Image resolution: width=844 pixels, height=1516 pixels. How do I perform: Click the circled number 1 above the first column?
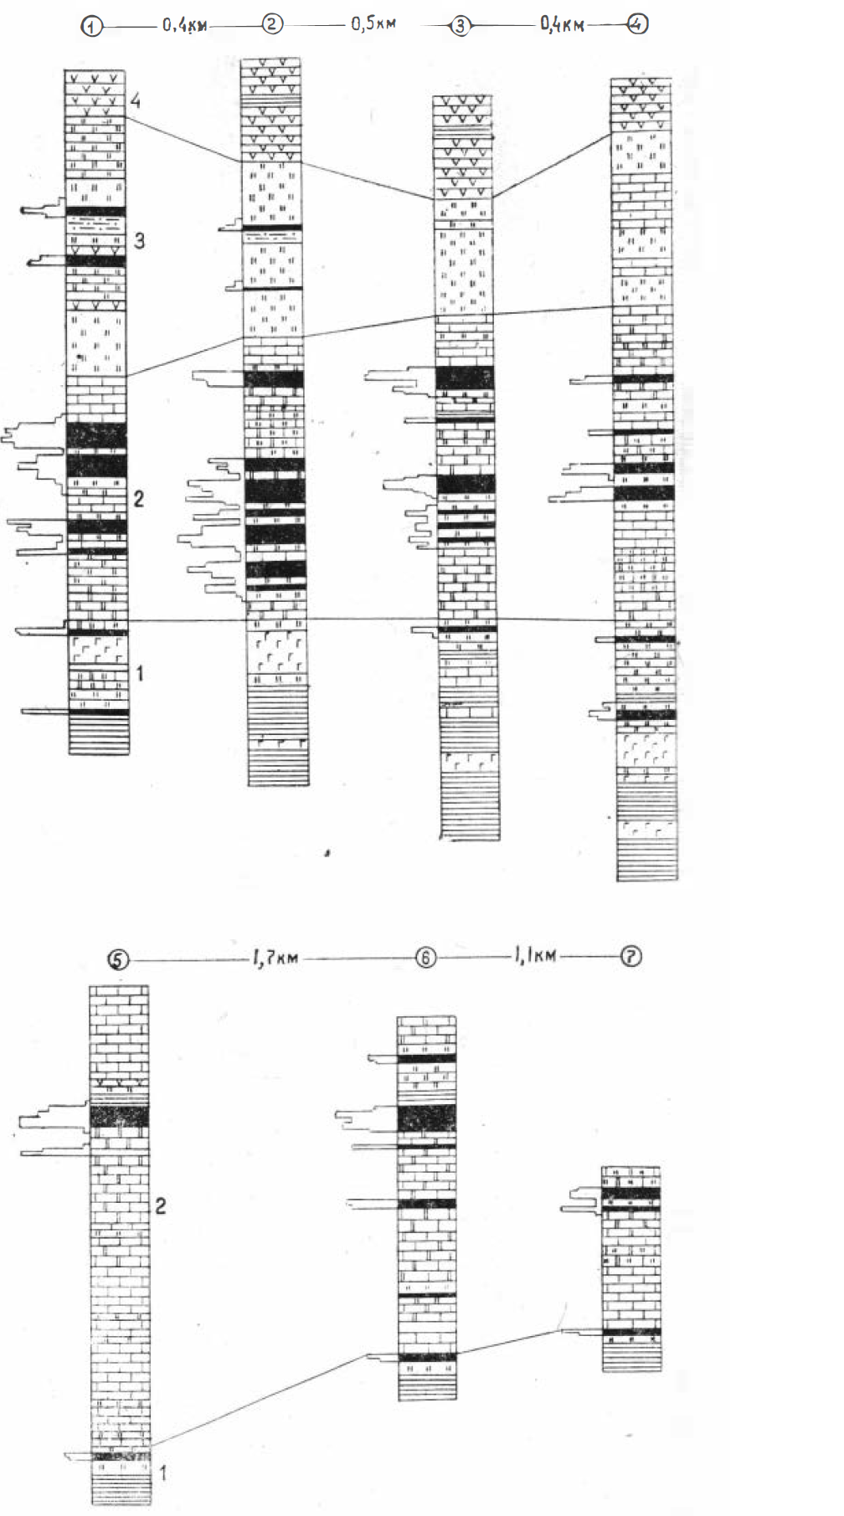tap(91, 27)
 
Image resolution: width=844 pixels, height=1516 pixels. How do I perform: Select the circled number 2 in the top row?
tap(272, 24)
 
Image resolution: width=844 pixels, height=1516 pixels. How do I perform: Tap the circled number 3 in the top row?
tap(461, 27)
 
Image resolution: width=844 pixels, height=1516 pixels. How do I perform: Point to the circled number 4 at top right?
tap(638, 24)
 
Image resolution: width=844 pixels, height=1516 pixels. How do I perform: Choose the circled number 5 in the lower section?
tap(119, 959)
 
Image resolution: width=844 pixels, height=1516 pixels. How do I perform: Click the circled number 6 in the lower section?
tap(426, 958)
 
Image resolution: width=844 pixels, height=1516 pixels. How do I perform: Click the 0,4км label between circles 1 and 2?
tap(184, 26)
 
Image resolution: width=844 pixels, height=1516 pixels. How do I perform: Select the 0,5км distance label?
tap(373, 23)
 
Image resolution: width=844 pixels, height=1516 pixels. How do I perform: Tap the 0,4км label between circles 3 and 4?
tap(561, 26)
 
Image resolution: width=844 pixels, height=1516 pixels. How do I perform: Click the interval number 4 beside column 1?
tap(136, 101)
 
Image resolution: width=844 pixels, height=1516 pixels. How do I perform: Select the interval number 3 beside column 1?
tap(139, 241)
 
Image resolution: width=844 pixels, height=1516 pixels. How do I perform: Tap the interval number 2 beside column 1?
tap(139, 499)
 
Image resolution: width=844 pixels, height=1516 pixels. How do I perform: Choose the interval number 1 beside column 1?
tap(141, 672)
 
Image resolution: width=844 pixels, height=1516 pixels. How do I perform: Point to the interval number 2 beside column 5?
tap(160, 1206)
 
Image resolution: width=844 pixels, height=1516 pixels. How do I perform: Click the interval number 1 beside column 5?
tap(162, 1472)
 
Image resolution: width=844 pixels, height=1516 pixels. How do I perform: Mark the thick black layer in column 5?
tap(120, 1116)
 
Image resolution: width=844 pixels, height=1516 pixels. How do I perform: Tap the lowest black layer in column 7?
tap(631, 1331)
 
